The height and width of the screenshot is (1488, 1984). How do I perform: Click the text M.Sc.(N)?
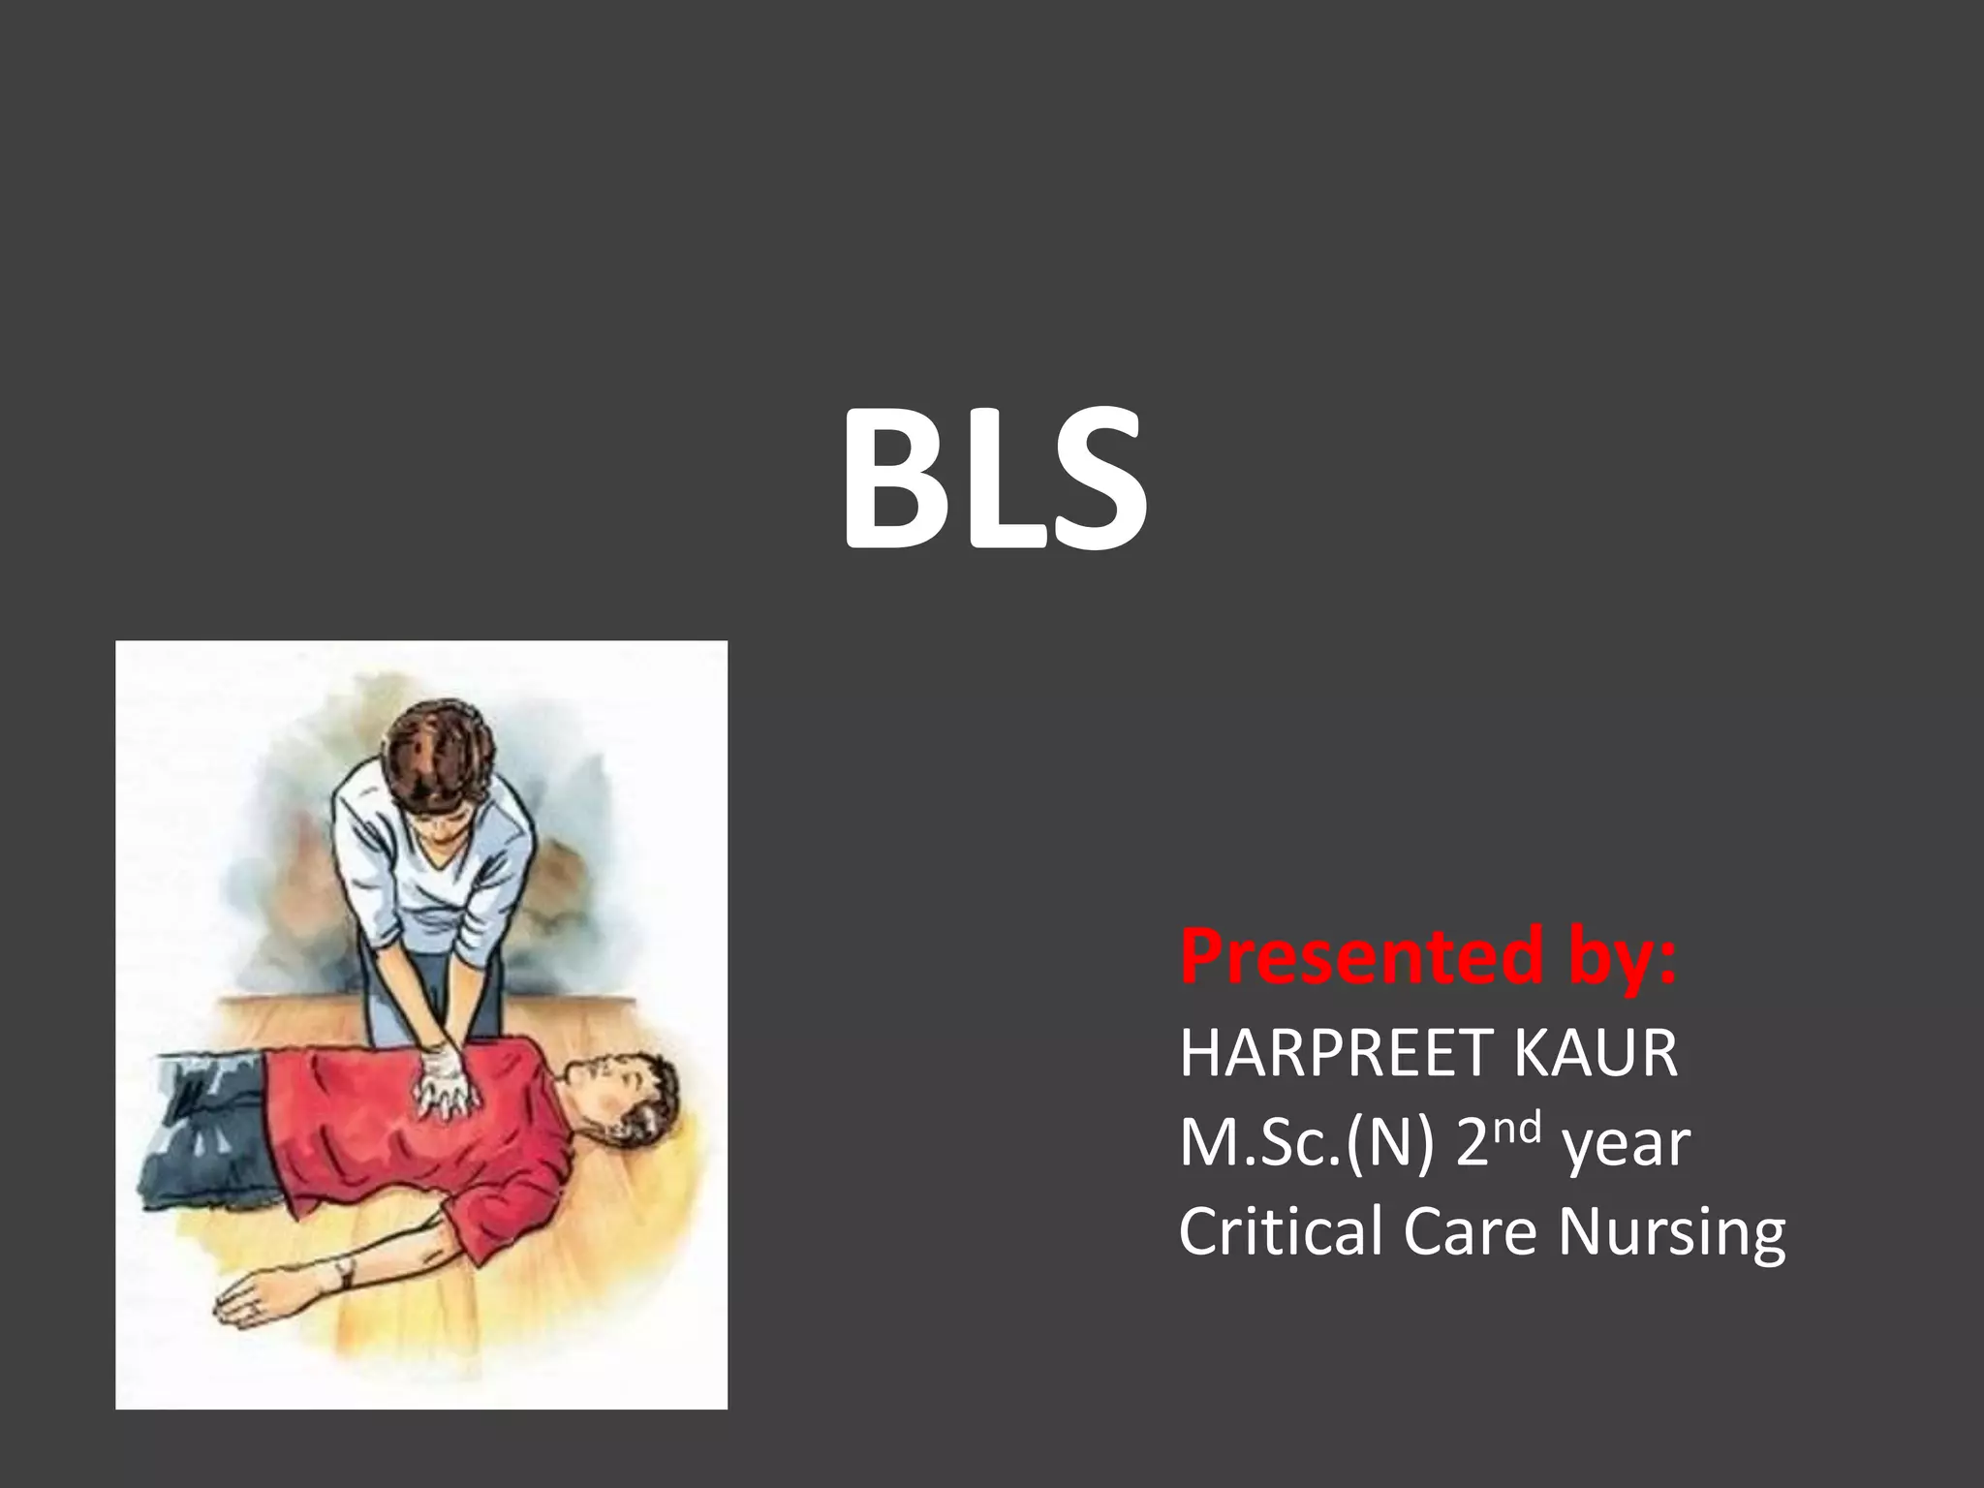coord(1306,1144)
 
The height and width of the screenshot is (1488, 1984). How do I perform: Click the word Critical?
coord(1279,1231)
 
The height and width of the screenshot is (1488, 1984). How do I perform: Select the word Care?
coord(1469,1231)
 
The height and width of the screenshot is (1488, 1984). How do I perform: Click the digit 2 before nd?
coord(1474,1144)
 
